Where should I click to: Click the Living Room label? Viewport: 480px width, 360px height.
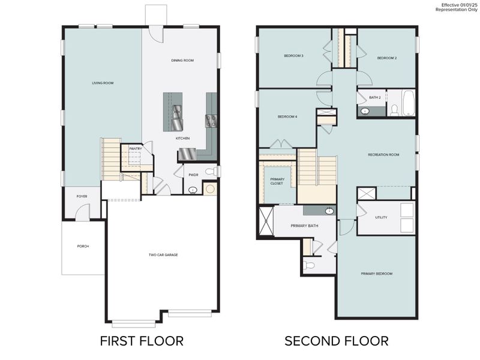103,83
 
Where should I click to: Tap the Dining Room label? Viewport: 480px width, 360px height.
182,61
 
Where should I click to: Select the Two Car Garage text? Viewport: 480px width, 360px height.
163,254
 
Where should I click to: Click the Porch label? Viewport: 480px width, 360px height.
83,246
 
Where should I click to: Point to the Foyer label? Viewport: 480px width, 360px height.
82,196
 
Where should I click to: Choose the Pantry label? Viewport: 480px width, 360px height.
136,148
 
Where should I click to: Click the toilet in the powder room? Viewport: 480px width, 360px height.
210,172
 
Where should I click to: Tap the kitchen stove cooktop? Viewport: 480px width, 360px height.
211,121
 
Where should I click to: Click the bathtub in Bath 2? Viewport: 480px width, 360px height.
409,103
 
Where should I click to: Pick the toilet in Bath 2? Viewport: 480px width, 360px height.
394,110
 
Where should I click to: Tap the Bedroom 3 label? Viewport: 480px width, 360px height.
293,56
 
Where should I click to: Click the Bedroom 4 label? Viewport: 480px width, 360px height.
287,116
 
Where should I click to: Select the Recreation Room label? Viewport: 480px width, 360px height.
383,155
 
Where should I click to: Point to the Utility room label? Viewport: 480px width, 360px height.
381,217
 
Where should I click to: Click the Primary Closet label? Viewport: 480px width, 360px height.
277,181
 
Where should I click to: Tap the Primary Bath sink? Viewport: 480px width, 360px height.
329,211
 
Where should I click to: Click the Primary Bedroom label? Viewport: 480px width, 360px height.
376,274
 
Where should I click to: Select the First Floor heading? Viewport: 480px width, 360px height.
142,341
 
